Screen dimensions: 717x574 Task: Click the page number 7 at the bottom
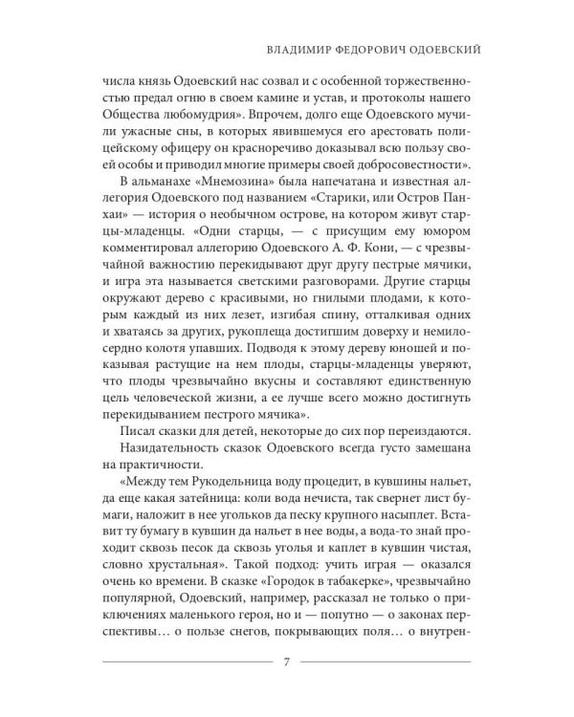point(287,662)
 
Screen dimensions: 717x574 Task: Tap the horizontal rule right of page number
point(393,662)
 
